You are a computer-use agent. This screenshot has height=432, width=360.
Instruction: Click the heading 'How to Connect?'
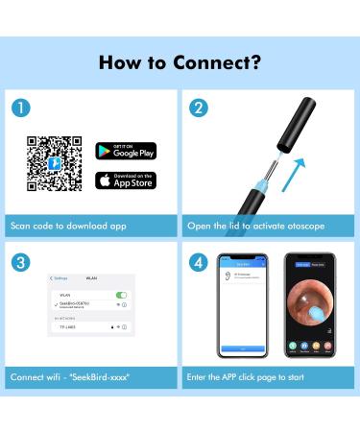tap(180, 62)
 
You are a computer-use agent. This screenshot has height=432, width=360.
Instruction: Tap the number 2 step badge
tap(199, 108)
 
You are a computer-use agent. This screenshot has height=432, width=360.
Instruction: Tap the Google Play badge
tap(125, 151)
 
